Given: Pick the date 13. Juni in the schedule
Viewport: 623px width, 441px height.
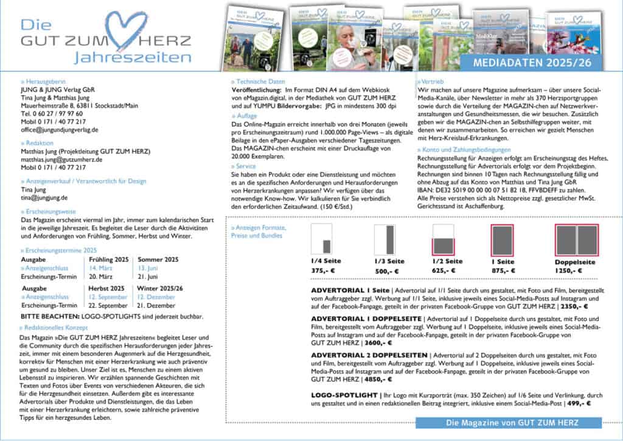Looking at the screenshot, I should pyautogui.click(x=149, y=267).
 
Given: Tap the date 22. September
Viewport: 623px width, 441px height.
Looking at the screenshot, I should pyautogui.click(x=108, y=305).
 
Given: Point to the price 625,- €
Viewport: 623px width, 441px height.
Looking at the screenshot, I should pyautogui.click(x=444, y=271).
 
